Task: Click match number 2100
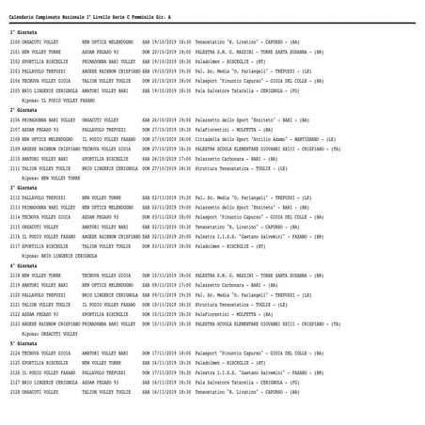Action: [x=16, y=42]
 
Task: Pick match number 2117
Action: [x=16, y=246]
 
